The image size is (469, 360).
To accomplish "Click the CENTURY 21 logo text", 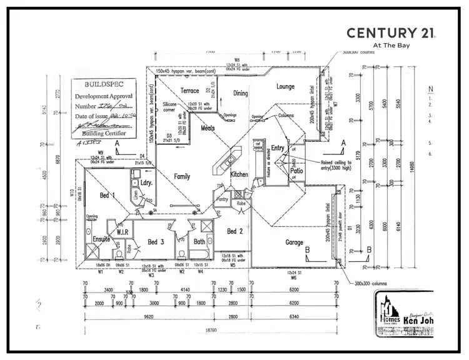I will [x=391, y=33].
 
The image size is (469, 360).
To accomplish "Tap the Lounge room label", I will [x=285, y=87].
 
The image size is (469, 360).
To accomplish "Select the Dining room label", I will [x=241, y=94].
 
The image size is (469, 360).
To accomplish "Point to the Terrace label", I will [x=189, y=91].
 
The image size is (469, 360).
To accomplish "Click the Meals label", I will [x=208, y=127].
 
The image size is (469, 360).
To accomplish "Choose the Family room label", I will [x=181, y=177].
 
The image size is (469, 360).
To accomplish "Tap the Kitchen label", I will [x=239, y=174].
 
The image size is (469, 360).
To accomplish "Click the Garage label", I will [x=295, y=242].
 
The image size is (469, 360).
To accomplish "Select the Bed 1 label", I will [x=108, y=196].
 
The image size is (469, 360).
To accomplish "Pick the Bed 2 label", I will [x=234, y=231].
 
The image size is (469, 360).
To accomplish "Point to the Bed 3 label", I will [x=156, y=242].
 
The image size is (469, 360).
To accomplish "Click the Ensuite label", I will [x=101, y=239].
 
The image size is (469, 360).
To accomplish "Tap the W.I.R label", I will [x=122, y=232].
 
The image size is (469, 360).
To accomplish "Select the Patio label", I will [x=296, y=170].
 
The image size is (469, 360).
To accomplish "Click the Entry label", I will [x=278, y=147].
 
